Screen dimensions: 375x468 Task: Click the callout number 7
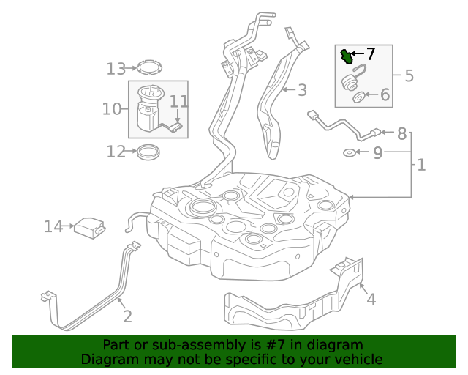pyautogui.click(x=370, y=53)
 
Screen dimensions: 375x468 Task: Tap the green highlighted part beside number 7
pyautogui.click(x=346, y=55)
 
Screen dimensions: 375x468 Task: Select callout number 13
pyautogui.click(x=116, y=69)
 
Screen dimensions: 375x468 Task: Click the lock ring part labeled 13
pyautogui.click(x=150, y=68)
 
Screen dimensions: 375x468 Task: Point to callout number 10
pyautogui.click(x=111, y=109)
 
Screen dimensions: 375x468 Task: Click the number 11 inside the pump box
pyautogui.click(x=179, y=102)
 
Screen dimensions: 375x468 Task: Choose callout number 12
pyautogui.click(x=116, y=152)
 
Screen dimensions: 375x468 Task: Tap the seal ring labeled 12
pyautogui.click(x=150, y=152)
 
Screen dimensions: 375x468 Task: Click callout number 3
pyautogui.click(x=301, y=90)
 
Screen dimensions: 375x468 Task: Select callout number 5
pyautogui.click(x=409, y=75)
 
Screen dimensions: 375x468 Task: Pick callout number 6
pyautogui.click(x=385, y=94)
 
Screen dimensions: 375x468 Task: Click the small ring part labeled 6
pyautogui.click(x=359, y=97)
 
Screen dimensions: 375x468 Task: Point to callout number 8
pyautogui.click(x=401, y=134)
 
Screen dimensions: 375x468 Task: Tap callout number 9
pyautogui.click(x=377, y=152)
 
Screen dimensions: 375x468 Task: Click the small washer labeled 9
pyautogui.click(x=350, y=152)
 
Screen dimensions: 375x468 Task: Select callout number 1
pyautogui.click(x=421, y=165)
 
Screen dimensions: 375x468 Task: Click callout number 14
pyautogui.click(x=53, y=227)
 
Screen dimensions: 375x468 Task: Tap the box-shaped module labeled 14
pyautogui.click(x=89, y=227)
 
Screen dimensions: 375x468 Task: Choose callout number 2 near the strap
pyautogui.click(x=127, y=316)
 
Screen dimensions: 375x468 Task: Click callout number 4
pyautogui.click(x=371, y=299)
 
